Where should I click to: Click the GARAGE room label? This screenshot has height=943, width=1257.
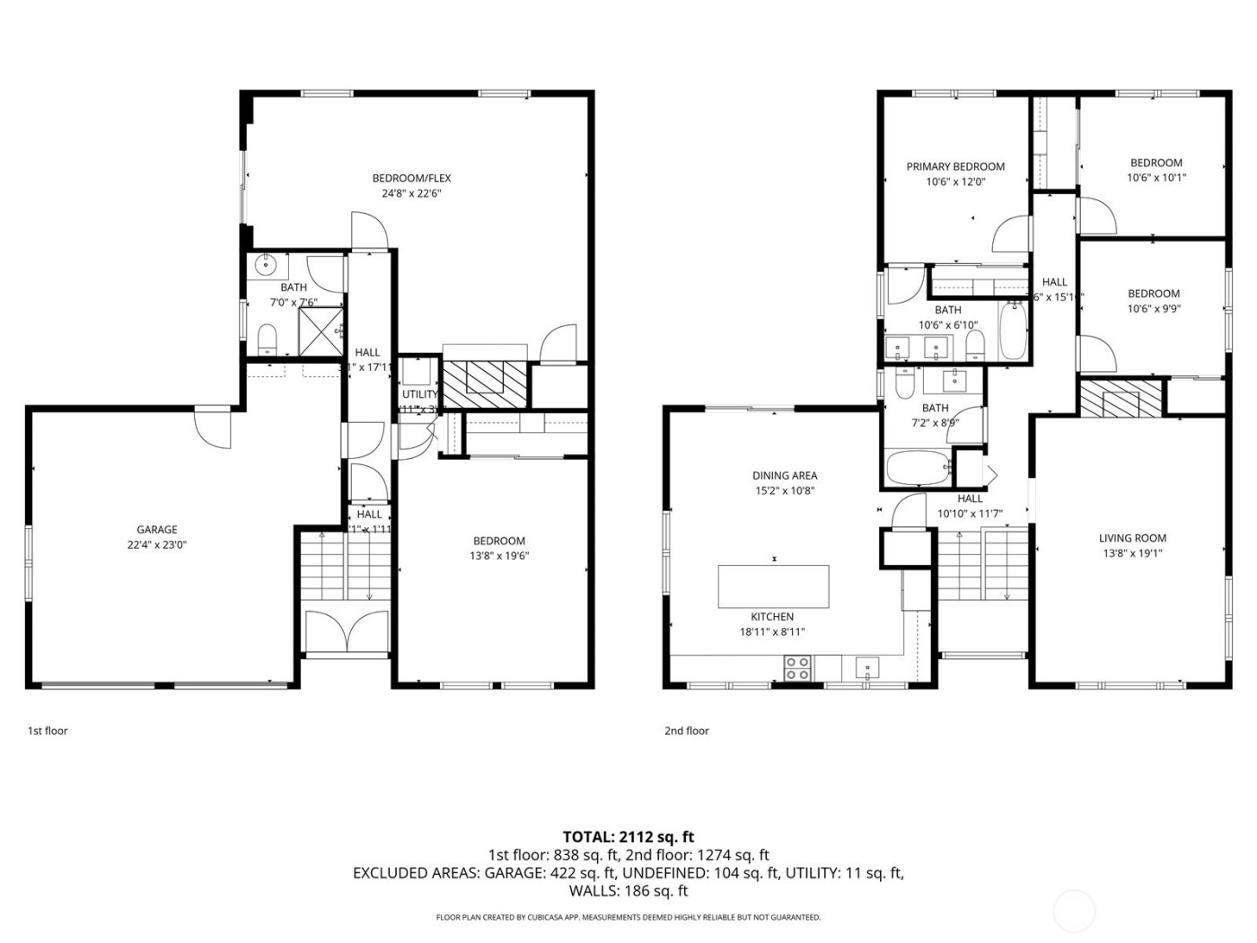coord(157,530)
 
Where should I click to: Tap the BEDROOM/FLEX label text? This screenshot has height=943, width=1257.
coord(411,178)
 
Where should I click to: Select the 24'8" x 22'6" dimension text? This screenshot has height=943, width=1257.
coord(411,193)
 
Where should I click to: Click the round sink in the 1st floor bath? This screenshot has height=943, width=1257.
coord(266,264)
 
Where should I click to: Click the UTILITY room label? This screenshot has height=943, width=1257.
coord(419,394)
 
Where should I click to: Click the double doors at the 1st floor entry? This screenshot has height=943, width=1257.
coord(346,633)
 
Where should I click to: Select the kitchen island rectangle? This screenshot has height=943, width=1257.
coord(773,586)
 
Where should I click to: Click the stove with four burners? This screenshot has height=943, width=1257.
coord(796,668)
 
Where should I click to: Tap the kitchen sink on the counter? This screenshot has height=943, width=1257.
coord(867,667)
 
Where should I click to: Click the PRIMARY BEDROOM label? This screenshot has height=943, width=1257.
coord(955,166)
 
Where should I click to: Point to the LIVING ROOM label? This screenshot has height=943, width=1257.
coord(1132,538)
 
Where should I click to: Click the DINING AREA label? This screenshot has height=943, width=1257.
coord(785,475)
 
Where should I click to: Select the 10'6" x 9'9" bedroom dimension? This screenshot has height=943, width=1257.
coord(1154,309)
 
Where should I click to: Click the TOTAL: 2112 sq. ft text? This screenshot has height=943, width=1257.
coord(628,836)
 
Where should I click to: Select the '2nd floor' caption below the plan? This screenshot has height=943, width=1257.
coord(687,730)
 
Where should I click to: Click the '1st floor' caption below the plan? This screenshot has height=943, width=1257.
coord(48,730)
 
